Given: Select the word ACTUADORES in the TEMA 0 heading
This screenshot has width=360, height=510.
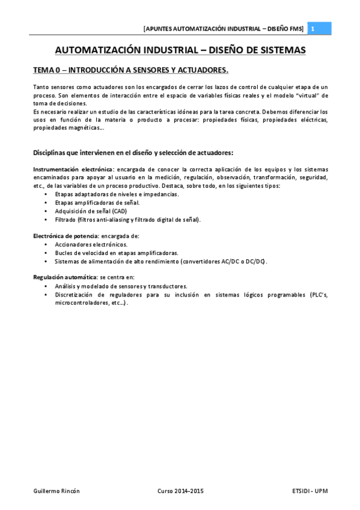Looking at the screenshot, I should click(203, 70).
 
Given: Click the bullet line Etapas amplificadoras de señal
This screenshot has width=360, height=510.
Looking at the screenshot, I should click(97, 203).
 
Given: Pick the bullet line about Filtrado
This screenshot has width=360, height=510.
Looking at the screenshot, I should click(127, 220).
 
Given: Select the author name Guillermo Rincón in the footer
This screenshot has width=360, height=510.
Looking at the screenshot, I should click(56, 491).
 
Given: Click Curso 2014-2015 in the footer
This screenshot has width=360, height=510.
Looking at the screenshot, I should click(180, 491).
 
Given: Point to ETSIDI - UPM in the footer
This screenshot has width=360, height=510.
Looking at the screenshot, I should click(305, 491).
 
